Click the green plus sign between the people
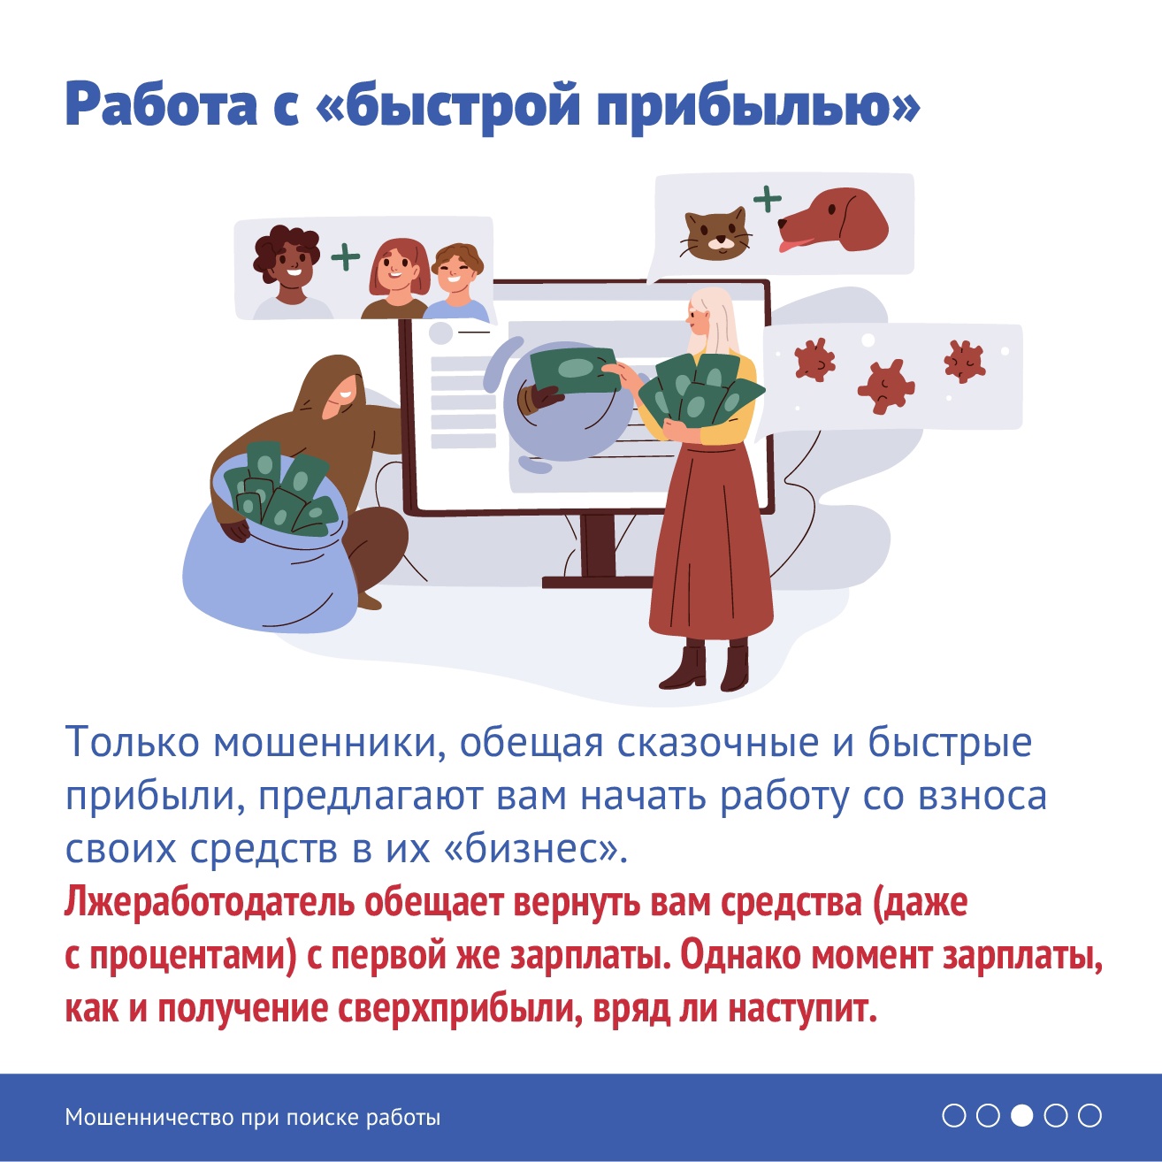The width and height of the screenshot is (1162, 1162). point(345,256)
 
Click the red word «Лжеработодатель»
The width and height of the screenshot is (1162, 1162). point(209,903)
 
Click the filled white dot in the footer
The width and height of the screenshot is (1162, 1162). point(1021,1116)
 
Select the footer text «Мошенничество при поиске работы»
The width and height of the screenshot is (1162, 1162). point(253,1118)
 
